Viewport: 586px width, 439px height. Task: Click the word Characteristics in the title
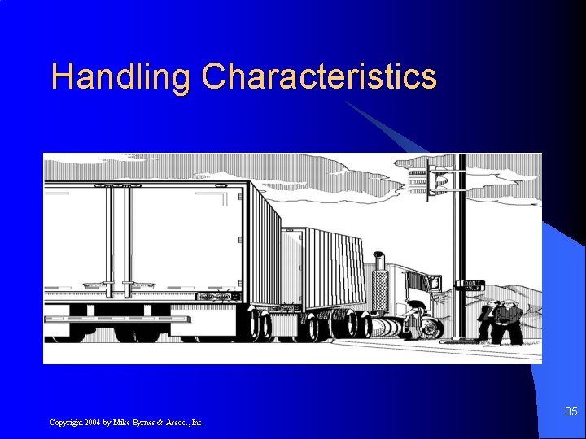319,77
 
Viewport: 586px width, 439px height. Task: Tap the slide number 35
571,412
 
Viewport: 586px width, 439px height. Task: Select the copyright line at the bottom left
127,422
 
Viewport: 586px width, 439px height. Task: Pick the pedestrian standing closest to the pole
486,321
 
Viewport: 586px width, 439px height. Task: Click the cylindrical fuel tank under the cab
389,328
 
